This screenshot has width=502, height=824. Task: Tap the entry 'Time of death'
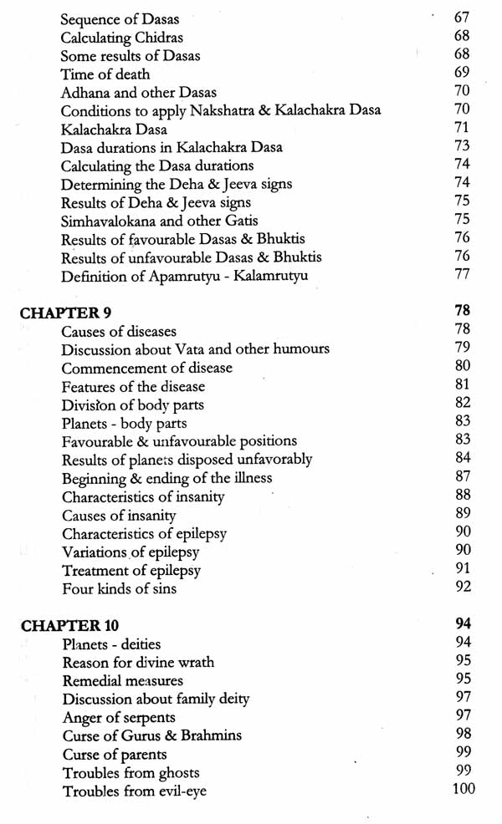[105, 74]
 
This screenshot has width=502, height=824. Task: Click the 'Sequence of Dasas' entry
[120, 19]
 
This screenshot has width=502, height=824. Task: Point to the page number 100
[463, 789]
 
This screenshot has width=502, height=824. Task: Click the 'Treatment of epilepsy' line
[131, 571]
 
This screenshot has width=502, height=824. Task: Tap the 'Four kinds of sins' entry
[119, 589]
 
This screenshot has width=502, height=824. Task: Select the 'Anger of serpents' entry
[118, 718]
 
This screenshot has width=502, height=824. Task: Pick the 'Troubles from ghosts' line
[131, 773]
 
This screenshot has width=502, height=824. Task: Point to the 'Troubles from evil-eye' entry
[134, 791]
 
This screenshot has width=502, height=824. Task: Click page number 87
[463, 476]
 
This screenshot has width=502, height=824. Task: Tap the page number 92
[463, 587]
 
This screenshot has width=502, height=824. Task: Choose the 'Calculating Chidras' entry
[122, 38]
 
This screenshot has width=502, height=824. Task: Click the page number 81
[463, 384]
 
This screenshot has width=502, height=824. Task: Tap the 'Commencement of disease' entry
[147, 369]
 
